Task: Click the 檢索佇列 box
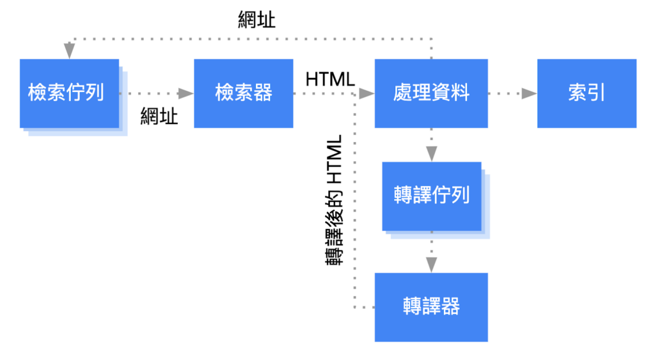tap(69, 93)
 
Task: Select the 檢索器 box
tap(243, 93)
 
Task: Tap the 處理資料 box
tap(430, 93)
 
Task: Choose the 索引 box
tap(586, 93)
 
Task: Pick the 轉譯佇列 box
tap(432, 196)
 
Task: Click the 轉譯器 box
tap(430, 307)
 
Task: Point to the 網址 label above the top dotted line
tap(256, 20)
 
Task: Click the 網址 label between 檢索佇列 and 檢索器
tap(159, 116)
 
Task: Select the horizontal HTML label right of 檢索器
tap(330, 80)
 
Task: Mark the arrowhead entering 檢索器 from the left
tap(185, 93)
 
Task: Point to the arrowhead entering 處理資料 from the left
tap(367, 93)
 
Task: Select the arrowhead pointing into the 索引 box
tap(528, 93)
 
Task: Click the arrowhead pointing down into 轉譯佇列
tap(431, 153)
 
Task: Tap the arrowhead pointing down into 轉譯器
tap(431, 264)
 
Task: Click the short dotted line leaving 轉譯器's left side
tap(364, 308)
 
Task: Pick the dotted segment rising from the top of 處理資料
tap(431, 49)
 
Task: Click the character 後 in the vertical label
tap(334, 210)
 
